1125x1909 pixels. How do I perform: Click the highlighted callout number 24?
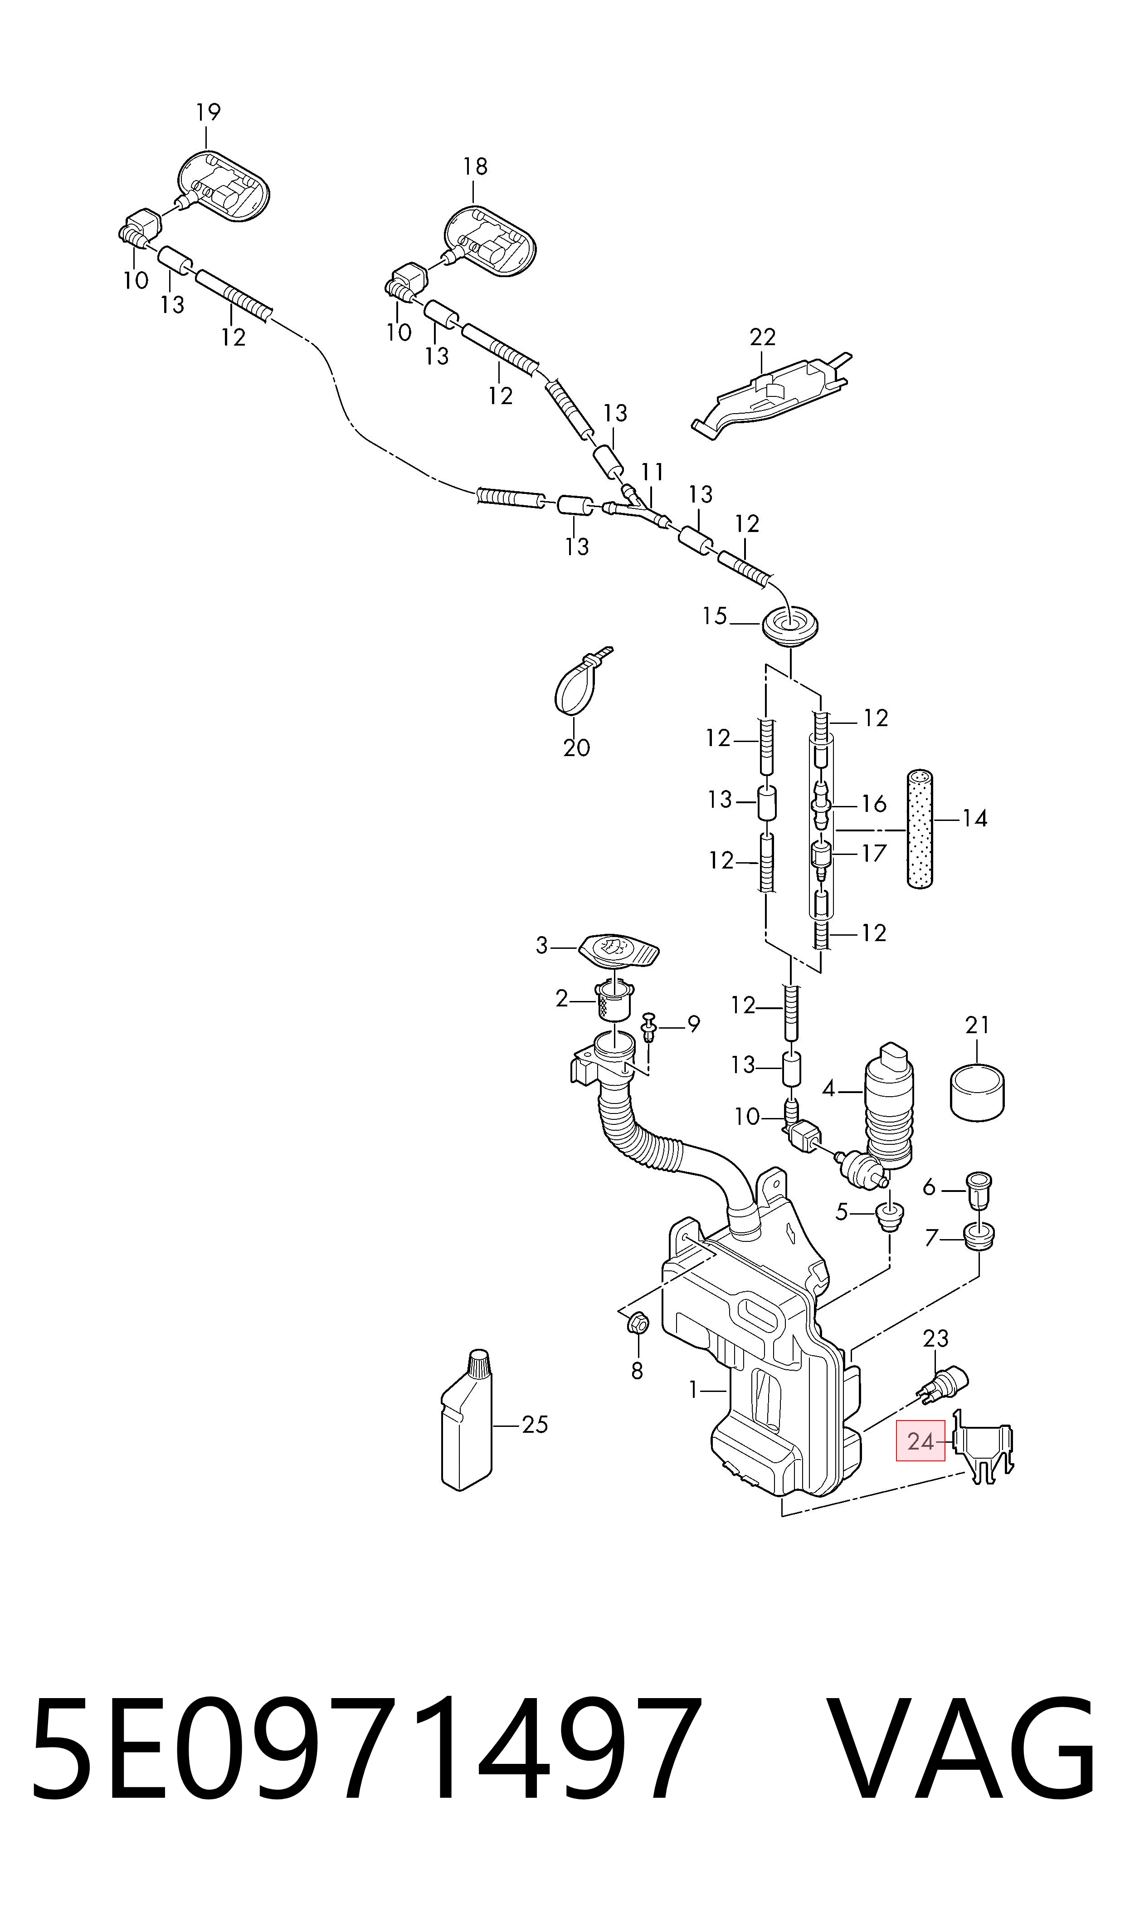[x=920, y=1440]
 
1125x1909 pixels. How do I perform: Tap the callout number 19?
[x=208, y=112]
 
